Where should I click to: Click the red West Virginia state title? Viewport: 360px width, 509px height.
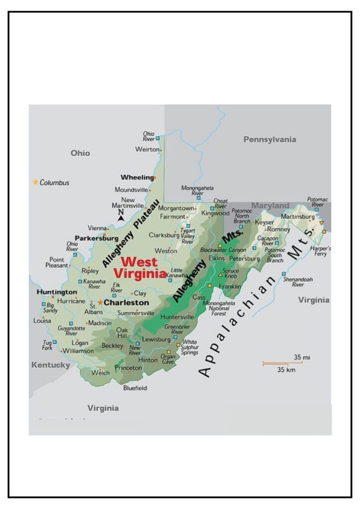tap(140, 267)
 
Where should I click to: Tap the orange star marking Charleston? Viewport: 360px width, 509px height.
tap(100, 302)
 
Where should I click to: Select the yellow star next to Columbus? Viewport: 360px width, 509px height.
tap(35, 182)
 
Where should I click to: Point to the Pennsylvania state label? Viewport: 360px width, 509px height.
tap(270, 140)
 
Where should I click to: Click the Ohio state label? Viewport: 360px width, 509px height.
tap(80, 153)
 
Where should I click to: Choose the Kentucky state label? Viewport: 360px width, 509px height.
tap(51, 365)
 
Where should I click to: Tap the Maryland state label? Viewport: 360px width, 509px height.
tap(270, 205)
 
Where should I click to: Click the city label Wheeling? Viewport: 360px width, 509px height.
tap(137, 177)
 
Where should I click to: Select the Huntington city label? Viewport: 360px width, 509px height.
tap(57, 292)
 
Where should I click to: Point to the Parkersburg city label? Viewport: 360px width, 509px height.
tap(96, 238)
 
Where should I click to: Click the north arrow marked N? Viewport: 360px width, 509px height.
tap(120, 215)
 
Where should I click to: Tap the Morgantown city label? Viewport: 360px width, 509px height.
tap(176, 208)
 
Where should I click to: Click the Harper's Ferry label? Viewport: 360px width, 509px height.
tap(321, 251)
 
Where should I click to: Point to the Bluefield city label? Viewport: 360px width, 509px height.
tap(135, 388)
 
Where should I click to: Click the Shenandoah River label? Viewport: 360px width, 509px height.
tap(293, 282)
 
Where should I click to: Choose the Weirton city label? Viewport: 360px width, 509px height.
tap(147, 149)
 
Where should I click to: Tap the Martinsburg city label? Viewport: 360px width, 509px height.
tap(298, 216)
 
